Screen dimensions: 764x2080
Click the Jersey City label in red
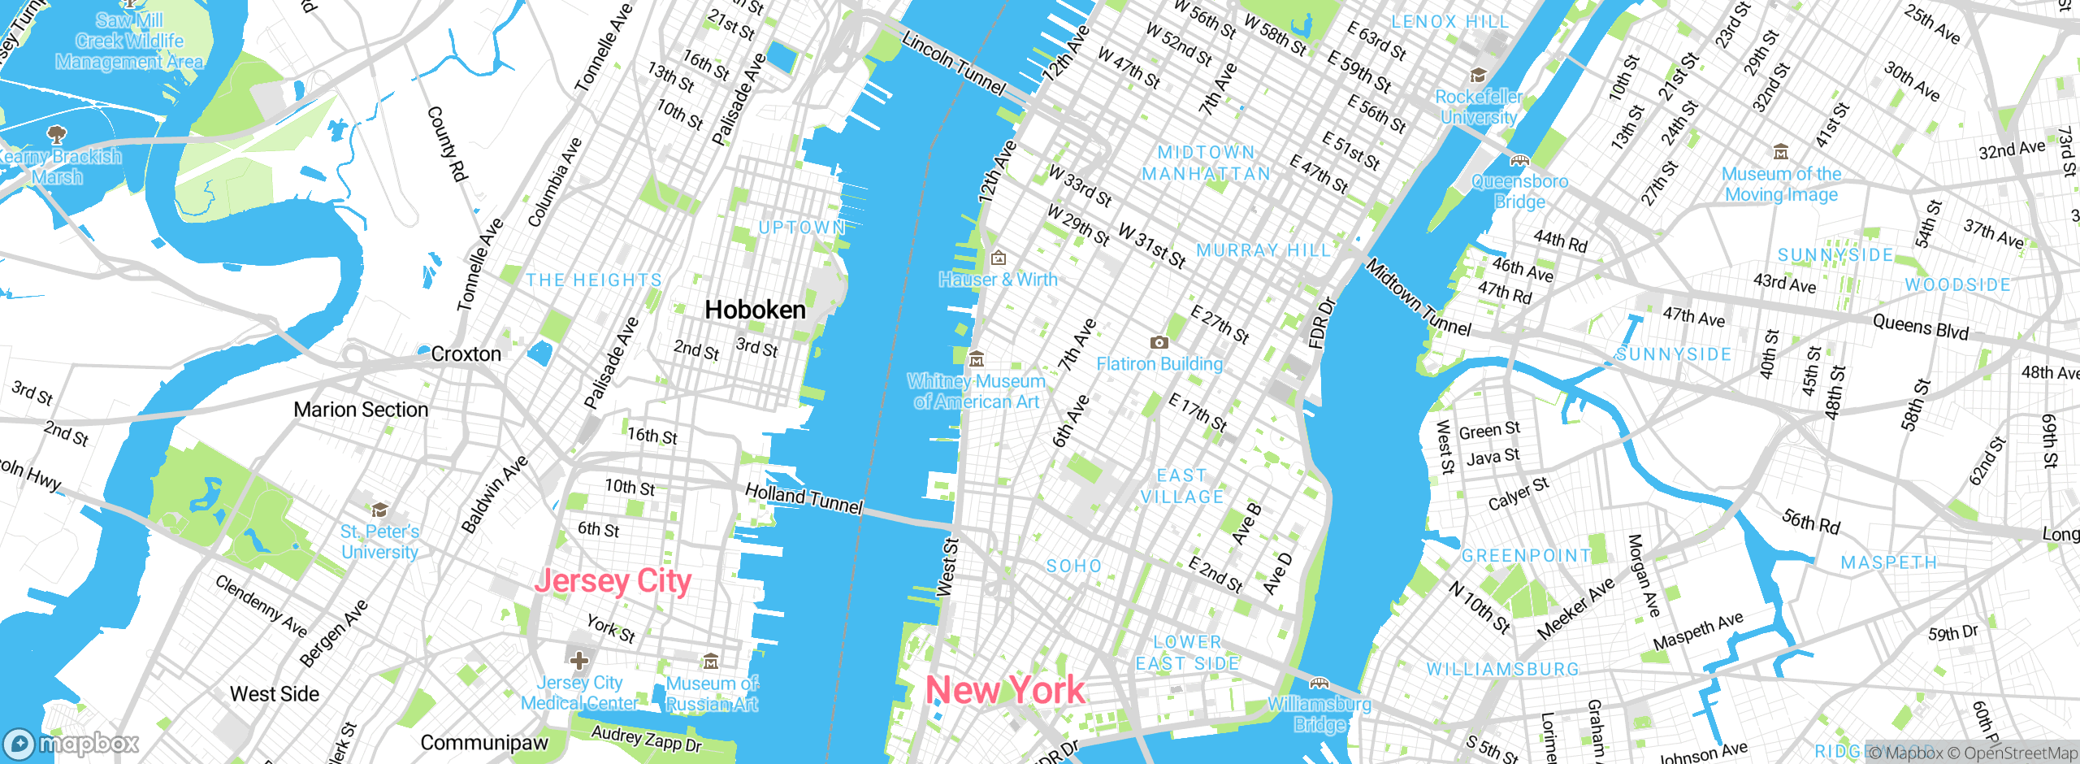[x=613, y=582]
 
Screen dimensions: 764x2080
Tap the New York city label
[x=1005, y=691]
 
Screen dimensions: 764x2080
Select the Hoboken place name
[x=755, y=310]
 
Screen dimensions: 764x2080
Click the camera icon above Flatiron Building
[x=1159, y=342]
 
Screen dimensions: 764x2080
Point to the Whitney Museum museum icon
[x=977, y=358]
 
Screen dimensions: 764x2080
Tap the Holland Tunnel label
[x=804, y=497]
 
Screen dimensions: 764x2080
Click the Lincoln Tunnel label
[x=954, y=63]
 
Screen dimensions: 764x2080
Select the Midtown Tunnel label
[x=1418, y=297]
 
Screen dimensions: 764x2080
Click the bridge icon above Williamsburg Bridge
[x=1319, y=683]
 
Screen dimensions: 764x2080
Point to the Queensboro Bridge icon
[x=1519, y=160]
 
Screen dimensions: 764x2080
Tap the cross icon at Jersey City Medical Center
[x=579, y=659]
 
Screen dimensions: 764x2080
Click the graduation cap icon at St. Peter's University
[x=379, y=510]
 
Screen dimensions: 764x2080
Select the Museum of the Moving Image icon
[x=1781, y=152]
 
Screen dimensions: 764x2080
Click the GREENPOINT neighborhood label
[x=1526, y=556]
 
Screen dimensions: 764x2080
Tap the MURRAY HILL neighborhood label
[x=1263, y=250]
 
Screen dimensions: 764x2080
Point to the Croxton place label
[x=466, y=354]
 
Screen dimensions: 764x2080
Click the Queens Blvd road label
[x=1921, y=328]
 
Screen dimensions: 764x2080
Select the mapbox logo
[x=71, y=744]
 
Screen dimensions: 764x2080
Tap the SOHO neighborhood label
[x=1073, y=566]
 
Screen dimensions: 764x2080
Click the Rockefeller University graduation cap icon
[x=1478, y=76]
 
